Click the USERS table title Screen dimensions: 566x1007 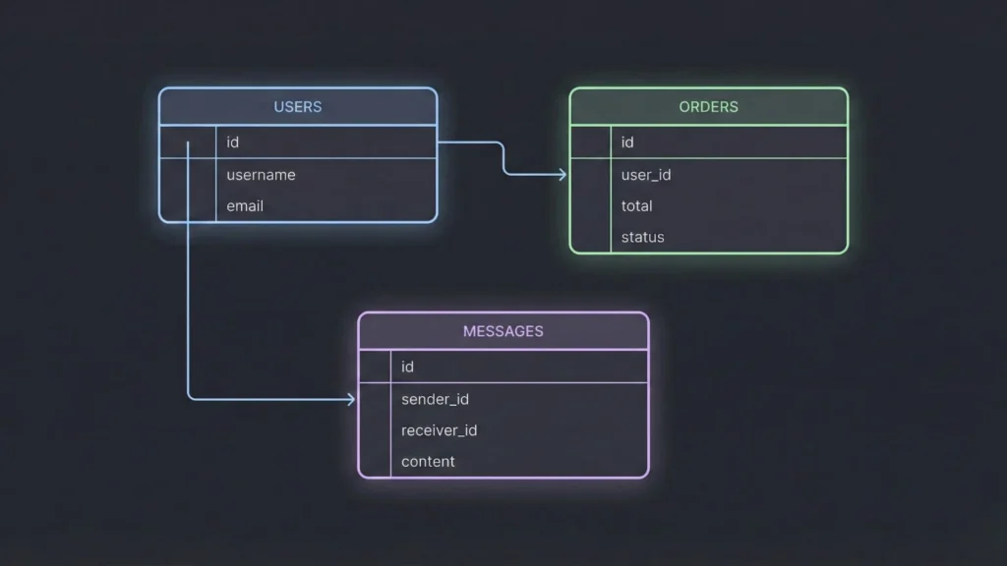coord(297,106)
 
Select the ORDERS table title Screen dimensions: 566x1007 coord(708,106)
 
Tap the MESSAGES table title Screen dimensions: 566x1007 coord(503,331)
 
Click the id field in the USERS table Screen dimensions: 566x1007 coord(233,142)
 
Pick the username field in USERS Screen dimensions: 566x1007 coord(261,175)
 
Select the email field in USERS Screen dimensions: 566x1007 coord(245,206)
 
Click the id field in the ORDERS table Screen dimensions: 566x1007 coord(627,142)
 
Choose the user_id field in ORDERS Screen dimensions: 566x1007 coord(646,175)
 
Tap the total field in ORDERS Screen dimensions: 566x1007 coord(636,206)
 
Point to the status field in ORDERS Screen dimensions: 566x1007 coord(642,238)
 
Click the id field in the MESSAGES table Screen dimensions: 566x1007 coord(407,367)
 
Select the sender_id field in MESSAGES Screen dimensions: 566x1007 coord(435,399)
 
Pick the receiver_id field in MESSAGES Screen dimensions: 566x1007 coord(439,430)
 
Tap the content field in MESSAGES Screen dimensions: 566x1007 coord(428,462)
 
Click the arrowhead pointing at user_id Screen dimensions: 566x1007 coord(563,175)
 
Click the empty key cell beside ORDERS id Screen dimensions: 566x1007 coord(591,142)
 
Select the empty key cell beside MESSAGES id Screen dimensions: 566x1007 coord(375,367)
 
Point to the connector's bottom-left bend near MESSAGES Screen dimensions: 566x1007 coord(190,397)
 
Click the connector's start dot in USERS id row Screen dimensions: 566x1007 coord(187,143)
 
